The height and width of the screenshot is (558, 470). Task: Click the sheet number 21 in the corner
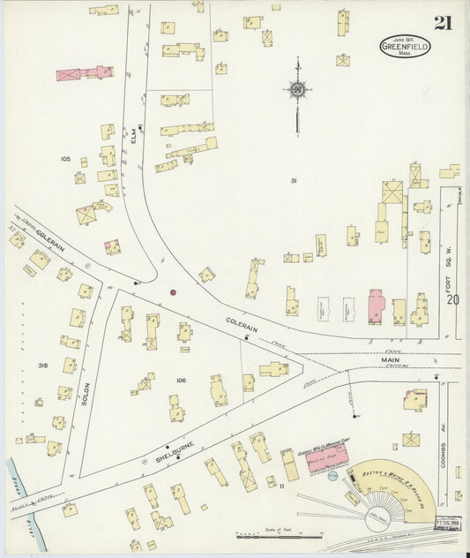tap(442, 23)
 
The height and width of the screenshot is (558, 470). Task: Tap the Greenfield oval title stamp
tap(406, 47)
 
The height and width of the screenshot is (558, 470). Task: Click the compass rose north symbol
tap(298, 89)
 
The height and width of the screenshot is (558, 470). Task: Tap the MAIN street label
tap(391, 360)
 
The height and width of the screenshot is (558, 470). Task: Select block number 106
tap(180, 379)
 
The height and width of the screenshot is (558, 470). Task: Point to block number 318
tap(42, 365)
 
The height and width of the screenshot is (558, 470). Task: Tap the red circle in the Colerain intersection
tap(173, 292)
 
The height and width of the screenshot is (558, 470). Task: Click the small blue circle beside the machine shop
tap(332, 478)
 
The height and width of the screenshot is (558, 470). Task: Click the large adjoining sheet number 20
tap(452, 300)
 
